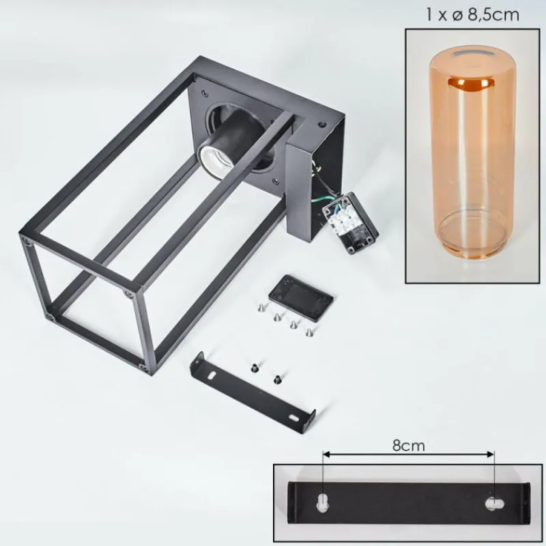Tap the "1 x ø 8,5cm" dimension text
click(x=472, y=15)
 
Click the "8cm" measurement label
click(x=408, y=446)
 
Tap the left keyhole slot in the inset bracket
click(x=323, y=501)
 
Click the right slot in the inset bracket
click(x=494, y=503)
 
